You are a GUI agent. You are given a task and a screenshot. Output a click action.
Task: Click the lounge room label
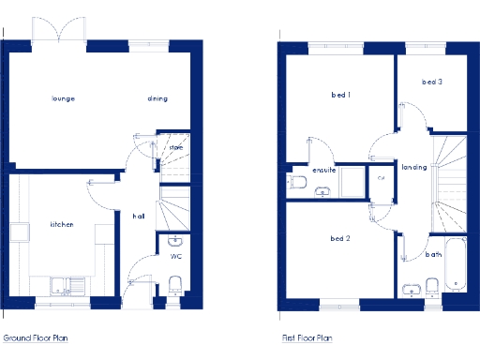[64, 98]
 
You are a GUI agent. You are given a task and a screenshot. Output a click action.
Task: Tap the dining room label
[157, 98]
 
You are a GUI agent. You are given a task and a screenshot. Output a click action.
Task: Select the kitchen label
[62, 225]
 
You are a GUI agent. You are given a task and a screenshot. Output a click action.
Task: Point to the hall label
[138, 217]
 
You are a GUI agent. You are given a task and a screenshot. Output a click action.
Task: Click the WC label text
[175, 255]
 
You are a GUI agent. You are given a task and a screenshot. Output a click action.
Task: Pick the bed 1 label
[340, 95]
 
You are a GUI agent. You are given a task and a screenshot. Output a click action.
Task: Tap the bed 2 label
[340, 238]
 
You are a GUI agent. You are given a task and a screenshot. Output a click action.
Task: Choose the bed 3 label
[431, 82]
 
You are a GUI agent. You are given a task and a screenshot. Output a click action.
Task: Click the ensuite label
[323, 170]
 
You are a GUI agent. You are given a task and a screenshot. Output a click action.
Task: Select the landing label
[413, 167]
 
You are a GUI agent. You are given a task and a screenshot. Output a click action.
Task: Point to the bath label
[432, 254]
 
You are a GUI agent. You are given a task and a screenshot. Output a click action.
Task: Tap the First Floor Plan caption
[307, 337]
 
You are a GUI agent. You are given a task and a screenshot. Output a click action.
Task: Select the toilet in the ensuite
[298, 181]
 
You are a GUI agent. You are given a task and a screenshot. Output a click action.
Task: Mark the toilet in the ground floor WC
[175, 284]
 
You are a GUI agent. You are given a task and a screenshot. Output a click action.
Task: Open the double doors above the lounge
[59, 31]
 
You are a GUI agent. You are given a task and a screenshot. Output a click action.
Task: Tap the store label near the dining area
[175, 147]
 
